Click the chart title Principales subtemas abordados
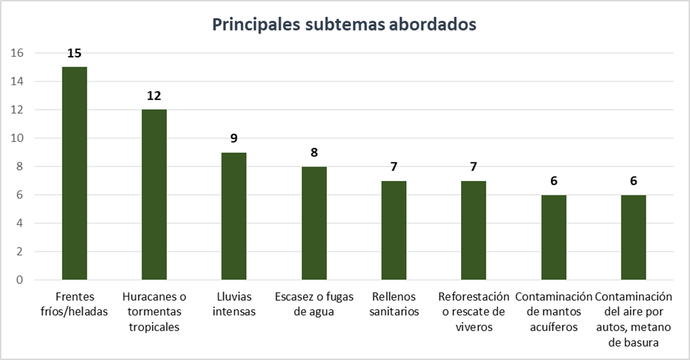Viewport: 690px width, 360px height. [344, 24]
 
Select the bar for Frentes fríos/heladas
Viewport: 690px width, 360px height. [74, 173]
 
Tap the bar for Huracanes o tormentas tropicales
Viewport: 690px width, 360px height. [154, 195]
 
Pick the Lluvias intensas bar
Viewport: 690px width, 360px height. [234, 216]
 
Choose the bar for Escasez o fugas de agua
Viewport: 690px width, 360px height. [314, 223]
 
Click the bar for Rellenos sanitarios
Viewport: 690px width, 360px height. [394, 230]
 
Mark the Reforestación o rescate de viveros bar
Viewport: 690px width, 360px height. [473, 230]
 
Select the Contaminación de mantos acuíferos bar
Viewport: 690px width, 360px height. [554, 237]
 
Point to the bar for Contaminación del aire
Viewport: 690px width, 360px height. [633, 237]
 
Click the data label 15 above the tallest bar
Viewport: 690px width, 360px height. [74, 53]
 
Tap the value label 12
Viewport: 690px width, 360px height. [154, 96]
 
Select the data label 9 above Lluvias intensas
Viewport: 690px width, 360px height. [234, 138]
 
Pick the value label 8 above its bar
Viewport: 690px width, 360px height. [314, 153]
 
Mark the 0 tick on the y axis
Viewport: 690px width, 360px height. [20, 280]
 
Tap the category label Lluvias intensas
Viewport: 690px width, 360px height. [234, 304]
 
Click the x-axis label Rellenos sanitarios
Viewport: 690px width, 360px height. [394, 304]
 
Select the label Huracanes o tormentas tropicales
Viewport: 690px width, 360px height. [154, 312]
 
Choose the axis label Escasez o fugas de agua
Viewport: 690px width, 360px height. [314, 304]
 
